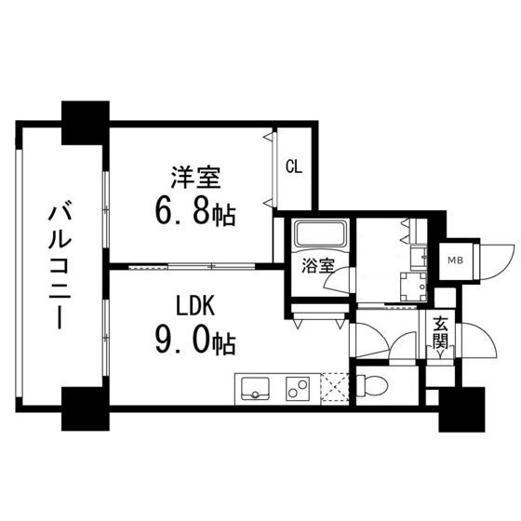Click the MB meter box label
(x=457, y=260)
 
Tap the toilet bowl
(x=377, y=383)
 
